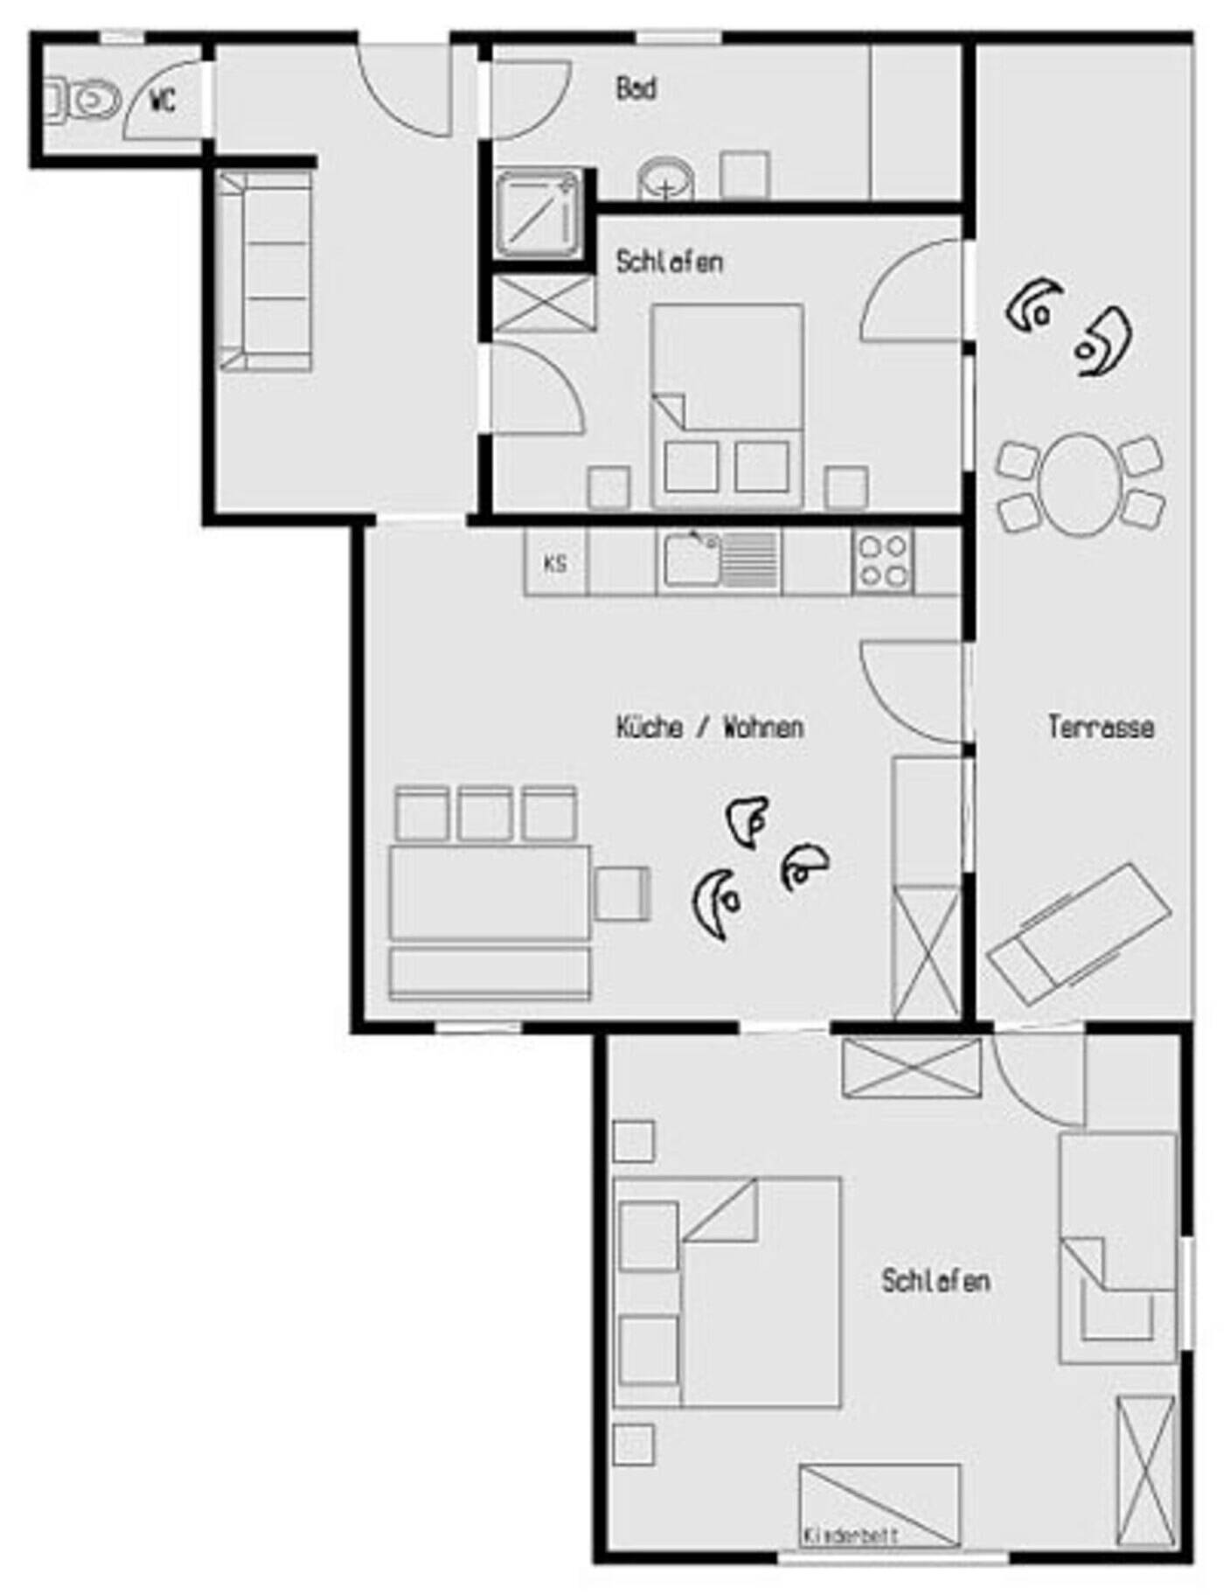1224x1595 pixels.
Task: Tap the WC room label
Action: click(163, 101)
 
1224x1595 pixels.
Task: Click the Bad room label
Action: click(636, 88)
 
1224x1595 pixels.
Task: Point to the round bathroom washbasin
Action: click(666, 179)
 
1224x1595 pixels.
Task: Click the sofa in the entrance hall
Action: click(265, 271)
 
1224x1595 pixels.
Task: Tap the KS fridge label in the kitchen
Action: click(555, 564)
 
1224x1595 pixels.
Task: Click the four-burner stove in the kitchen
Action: click(882, 561)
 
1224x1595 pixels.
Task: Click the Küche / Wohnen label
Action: click(709, 727)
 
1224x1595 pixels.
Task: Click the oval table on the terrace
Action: click(1081, 484)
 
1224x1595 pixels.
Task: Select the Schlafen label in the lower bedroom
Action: click(935, 1281)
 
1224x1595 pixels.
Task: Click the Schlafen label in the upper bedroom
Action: click(670, 261)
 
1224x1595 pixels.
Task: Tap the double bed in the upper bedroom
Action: click(727, 406)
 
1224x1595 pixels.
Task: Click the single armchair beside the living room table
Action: click(622, 894)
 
